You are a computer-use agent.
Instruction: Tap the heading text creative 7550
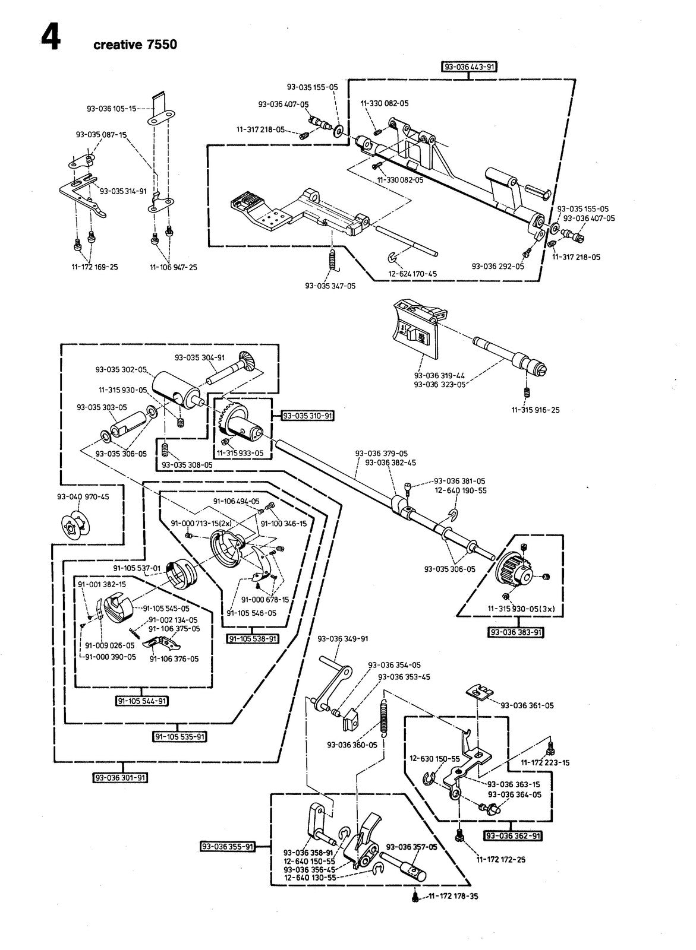[135, 45]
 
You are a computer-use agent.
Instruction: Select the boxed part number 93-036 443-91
[469, 66]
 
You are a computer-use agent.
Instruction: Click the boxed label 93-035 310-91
[308, 416]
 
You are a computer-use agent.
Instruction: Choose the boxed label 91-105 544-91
[142, 701]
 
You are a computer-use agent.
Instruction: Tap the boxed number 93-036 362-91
[514, 835]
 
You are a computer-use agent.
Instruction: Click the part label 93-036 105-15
[112, 109]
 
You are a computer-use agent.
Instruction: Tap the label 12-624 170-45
[412, 274]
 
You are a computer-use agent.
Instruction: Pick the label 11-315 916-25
[536, 410]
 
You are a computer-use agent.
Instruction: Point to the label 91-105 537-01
[137, 568]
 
